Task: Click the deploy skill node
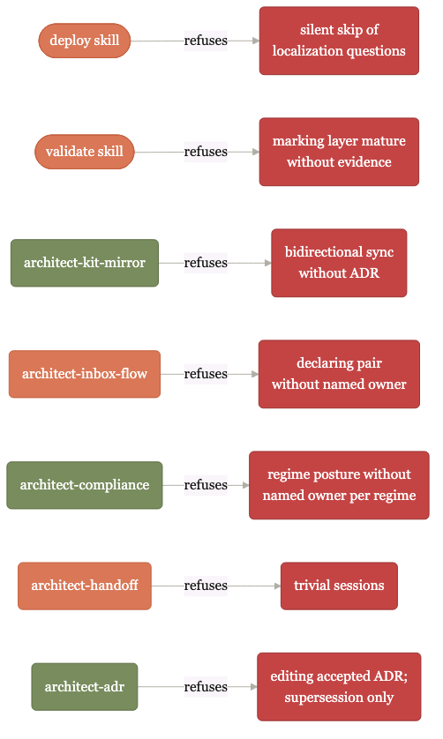point(85,41)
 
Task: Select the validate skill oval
point(85,152)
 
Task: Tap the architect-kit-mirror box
point(85,263)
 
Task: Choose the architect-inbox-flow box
point(85,374)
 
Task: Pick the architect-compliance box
point(85,485)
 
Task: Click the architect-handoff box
point(85,586)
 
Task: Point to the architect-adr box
point(85,687)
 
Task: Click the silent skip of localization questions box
point(339,41)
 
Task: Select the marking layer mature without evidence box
point(339,152)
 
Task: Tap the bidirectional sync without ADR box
point(339,263)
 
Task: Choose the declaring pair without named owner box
point(339,374)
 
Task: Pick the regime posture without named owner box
point(339,485)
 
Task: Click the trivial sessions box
point(339,586)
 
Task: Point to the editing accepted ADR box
point(339,687)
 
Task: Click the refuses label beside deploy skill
point(206,41)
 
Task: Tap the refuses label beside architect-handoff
point(206,586)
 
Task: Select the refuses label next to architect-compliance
point(206,485)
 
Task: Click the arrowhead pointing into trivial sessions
point(277,586)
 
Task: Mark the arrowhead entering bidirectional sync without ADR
point(268,263)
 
